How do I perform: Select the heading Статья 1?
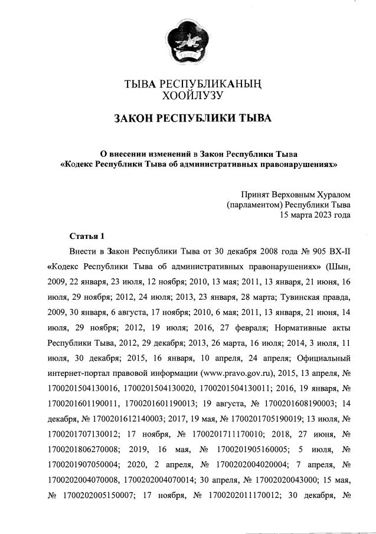(87, 236)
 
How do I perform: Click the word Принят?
(256, 194)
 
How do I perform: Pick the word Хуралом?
(331, 194)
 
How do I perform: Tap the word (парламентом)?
(254, 204)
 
